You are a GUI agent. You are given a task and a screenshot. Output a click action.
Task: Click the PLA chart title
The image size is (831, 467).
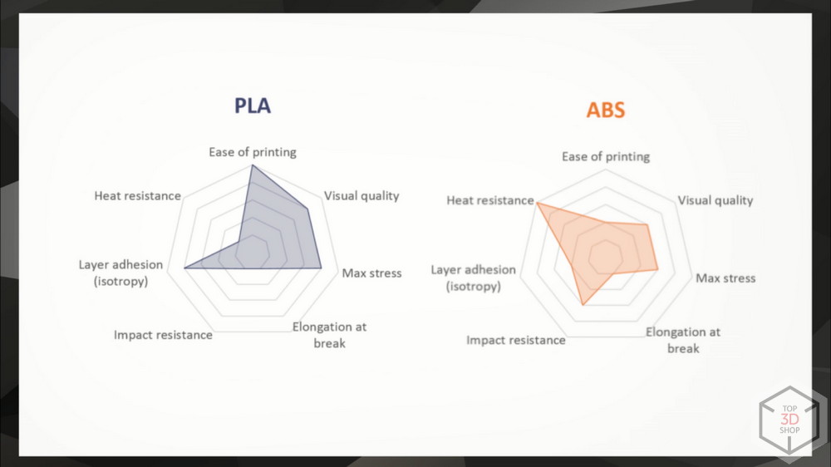(x=253, y=106)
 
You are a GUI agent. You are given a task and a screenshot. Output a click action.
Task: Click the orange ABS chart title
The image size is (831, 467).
(x=606, y=110)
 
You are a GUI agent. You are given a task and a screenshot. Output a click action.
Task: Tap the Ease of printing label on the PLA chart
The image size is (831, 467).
(x=253, y=152)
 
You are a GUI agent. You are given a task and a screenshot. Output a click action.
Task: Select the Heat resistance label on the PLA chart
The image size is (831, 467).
(x=138, y=195)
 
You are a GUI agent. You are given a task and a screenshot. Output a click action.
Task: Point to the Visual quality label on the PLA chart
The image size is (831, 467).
(x=361, y=196)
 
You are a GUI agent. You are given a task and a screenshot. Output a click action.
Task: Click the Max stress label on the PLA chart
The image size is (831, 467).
(x=371, y=273)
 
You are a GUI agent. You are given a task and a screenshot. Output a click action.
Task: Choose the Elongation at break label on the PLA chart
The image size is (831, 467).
(x=329, y=335)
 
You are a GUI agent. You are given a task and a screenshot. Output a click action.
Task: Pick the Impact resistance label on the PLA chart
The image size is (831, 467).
(x=163, y=335)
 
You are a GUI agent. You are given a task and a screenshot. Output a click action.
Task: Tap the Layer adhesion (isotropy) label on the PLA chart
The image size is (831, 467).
(x=120, y=273)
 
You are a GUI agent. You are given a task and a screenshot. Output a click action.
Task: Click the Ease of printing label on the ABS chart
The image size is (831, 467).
(x=606, y=157)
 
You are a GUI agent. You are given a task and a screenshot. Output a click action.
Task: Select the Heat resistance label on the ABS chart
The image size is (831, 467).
(x=490, y=200)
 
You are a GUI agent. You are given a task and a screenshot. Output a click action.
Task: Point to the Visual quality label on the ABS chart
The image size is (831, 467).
(x=715, y=200)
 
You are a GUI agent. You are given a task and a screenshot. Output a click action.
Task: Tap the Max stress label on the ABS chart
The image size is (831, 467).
(x=725, y=278)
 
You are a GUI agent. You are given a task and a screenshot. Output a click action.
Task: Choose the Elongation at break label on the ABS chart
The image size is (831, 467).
(x=683, y=340)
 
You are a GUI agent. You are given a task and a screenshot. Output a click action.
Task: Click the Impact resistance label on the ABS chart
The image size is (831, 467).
(x=516, y=341)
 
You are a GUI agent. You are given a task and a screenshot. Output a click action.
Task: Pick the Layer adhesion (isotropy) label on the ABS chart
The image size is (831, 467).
(x=474, y=278)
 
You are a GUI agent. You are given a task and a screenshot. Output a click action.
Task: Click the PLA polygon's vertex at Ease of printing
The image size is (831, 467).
(x=253, y=165)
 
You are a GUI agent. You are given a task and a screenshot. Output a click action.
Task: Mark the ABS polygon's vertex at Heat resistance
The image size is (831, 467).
(x=537, y=202)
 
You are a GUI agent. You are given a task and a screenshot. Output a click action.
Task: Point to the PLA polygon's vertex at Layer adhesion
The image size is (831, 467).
(x=184, y=268)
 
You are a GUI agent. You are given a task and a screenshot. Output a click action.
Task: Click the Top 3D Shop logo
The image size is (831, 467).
(x=789, y=420)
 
